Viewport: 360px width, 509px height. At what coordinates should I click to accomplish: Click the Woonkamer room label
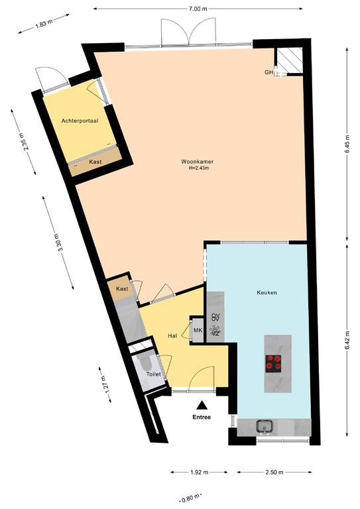coord(197,162)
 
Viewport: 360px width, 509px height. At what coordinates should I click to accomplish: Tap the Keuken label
coord(267,292)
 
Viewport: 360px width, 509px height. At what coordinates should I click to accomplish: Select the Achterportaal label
coord(80,121)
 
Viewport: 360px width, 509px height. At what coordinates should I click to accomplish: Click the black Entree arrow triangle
coord(202,405)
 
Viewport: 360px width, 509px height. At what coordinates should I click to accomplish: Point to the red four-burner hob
coord(273,363)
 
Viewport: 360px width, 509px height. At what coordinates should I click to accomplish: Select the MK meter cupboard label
coord(198,331)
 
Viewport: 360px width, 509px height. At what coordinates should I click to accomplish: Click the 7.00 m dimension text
coord(198,9)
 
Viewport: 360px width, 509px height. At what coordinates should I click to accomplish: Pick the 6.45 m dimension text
coord(347,143)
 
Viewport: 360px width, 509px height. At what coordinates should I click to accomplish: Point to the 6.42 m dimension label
coord(347,340)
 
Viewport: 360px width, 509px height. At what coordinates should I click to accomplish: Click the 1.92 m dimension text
coord(199,472)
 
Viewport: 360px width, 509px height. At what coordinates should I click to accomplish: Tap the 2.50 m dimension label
coord(274,472)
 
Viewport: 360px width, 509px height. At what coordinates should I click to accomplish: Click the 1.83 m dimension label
coord(44,24)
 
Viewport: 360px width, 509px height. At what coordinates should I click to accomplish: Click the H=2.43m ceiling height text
coord(199,168)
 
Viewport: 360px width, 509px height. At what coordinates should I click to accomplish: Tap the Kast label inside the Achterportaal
coord(95,161)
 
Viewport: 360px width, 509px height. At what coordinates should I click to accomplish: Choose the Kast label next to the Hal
coord(122,288)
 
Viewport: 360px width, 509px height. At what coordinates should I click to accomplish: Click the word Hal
coord(172,336)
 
